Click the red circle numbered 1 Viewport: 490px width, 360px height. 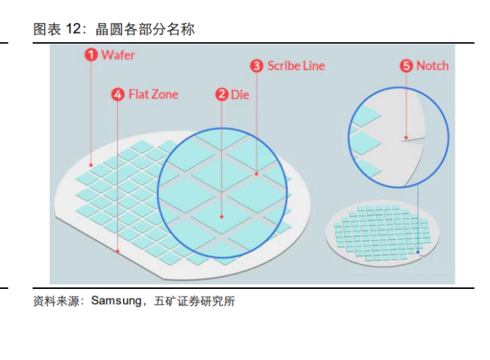(x=91, y=55)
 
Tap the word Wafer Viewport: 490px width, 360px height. (x=118, y=55)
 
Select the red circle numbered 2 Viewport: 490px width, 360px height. (x=222, y=94)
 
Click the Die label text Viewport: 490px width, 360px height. (x=240, y=95)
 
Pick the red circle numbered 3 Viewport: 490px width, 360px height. (x=257, y=66)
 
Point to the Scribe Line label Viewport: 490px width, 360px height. (x=297, y=66)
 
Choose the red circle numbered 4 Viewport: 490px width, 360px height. (x=118, y=94)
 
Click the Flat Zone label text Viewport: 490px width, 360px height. (x=154, y=94)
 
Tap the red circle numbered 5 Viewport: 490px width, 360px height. (x=406, y=66)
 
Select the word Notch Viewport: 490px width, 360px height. (x=433, y=66)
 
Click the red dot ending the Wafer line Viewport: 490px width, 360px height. (x=91, y=165)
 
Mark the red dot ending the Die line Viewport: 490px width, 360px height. (x=222, y=216)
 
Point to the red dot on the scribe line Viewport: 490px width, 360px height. (x=257, y=174)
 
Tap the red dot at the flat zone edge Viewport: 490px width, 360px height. (x=118, y=251)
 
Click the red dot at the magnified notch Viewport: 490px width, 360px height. (x=406, y=138)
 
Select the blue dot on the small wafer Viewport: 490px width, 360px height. (x=418, y=252)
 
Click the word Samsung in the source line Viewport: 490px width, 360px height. (x=116, y=301)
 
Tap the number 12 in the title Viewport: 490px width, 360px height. (x=73, y=29)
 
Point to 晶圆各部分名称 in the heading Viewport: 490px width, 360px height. (x=145, y=29)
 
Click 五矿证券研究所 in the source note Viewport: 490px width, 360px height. (x=194, y=301)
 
